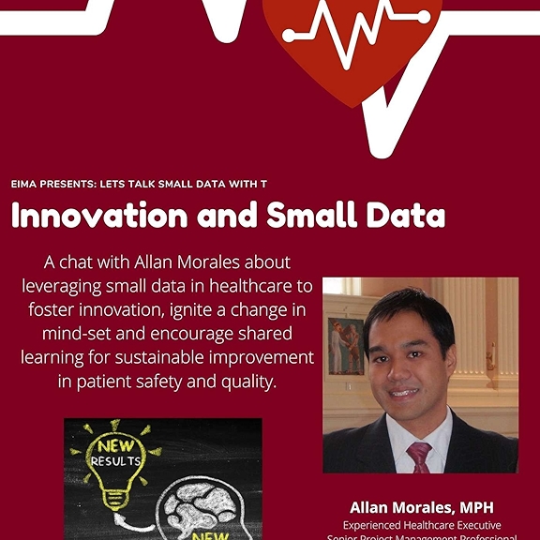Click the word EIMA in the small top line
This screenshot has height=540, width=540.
tap(25, 184)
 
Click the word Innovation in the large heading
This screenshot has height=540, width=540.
tap(97, 217)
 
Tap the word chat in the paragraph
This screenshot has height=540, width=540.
tap(85, 261)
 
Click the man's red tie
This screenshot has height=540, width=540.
tap(418, 457)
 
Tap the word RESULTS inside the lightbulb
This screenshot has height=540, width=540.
tap(115, 461)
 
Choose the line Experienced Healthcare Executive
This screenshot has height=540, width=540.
tap(421, 525)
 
